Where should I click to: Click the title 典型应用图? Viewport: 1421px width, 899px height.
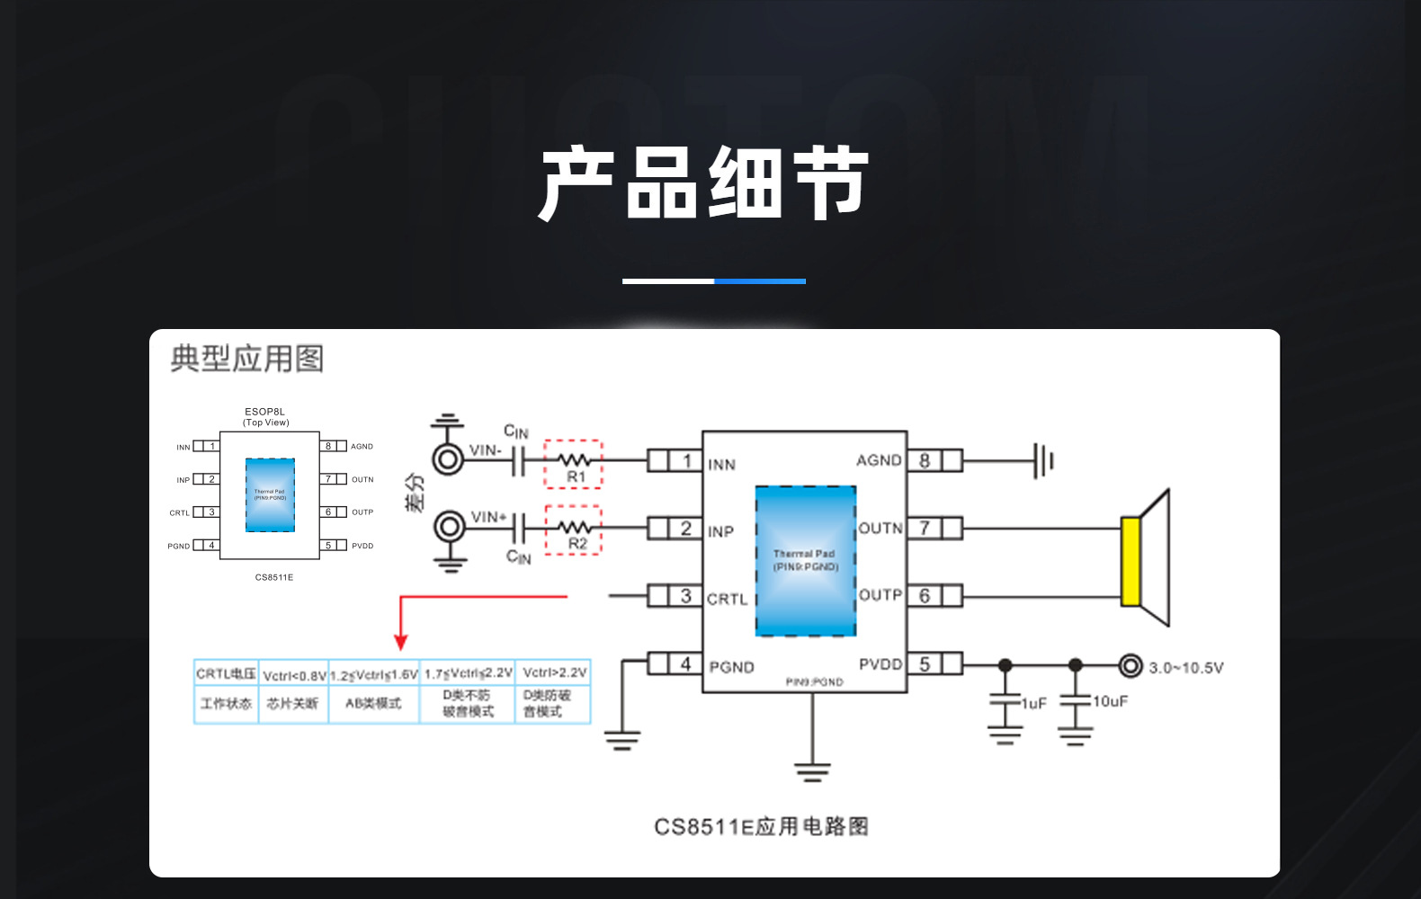(246, 359)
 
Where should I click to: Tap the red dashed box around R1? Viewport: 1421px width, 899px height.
(574, 464)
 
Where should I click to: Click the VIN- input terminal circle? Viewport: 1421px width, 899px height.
(448, 459)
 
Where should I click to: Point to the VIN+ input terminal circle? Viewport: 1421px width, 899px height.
(450, 527)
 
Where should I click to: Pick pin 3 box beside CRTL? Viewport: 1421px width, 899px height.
(685, 595)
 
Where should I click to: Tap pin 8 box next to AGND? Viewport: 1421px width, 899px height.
(925, 460)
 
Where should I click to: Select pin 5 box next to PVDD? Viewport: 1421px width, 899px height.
(925, 664)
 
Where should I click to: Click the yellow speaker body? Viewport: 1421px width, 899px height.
(1131, 561)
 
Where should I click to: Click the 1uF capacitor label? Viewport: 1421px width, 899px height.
(1034, 703)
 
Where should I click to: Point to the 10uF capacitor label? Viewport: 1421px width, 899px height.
(1110, 701)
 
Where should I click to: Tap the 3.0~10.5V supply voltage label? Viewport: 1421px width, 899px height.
(1185, 668)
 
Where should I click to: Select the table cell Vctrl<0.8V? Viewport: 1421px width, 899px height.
(294, 675)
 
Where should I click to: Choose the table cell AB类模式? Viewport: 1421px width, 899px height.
(373, 703)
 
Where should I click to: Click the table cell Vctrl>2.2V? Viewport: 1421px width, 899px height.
(554, 672)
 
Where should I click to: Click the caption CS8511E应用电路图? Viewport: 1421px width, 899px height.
(761, 826)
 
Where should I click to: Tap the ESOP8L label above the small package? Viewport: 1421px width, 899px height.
(264, 412)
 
